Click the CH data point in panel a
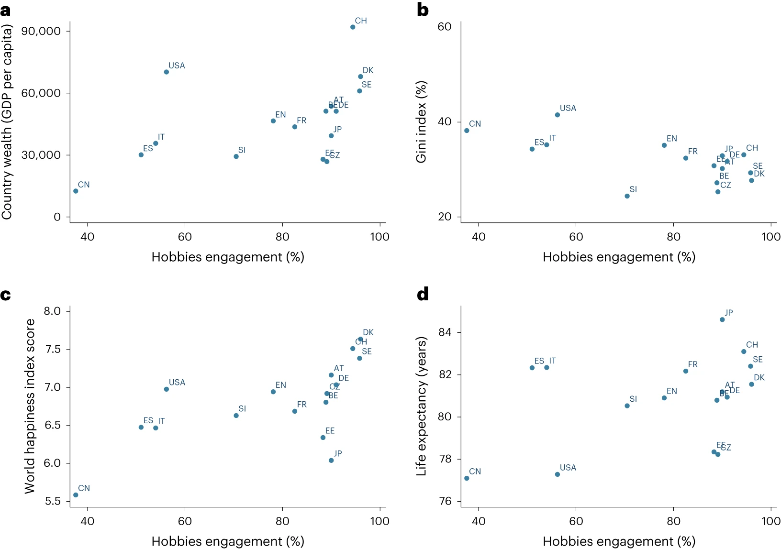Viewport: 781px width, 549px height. click(353, 27)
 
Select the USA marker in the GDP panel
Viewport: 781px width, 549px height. click(167, 72)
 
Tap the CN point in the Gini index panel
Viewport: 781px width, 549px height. click(467, 131)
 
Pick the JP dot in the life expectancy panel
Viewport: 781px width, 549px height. click(722, 319)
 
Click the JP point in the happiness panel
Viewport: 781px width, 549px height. click(331, 461)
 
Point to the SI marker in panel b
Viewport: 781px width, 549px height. click(627, 196)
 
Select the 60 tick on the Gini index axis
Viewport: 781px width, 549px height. click(444, 27)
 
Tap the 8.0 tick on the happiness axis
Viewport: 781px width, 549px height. click(52, 311)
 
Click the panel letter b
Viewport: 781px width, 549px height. click(423, 10)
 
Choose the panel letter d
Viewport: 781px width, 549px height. click(423, 294)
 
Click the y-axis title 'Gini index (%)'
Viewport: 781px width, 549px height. click(421, 122)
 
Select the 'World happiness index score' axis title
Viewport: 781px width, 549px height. click(30, 406)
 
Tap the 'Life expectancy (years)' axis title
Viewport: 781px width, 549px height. click(421, 406)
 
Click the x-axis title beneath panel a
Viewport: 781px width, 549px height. click(228, 257)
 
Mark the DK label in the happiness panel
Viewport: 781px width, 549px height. click(368, 332)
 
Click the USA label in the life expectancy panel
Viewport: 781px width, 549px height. click(568, 468)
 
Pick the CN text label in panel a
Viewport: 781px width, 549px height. click(84, 185)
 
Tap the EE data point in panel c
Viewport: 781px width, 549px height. click(323, 438)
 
